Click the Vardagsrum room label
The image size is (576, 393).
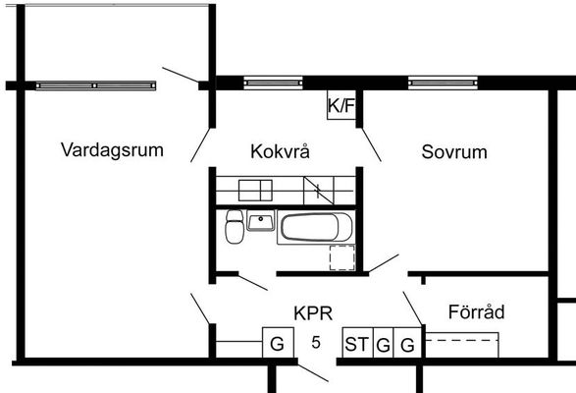tap(112, 150)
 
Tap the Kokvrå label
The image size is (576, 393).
tap(280, 151)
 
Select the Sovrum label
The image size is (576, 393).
tap(454, 151)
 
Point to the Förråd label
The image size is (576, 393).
tap(477, 311)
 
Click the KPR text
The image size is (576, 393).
tap(313, 313)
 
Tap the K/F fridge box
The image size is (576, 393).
tap(341, 105)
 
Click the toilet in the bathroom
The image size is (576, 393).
tap(235, 226)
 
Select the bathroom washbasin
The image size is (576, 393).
tap(261, 220)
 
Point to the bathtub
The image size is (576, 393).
tap(316, 227)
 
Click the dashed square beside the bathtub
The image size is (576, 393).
tap(342, 257)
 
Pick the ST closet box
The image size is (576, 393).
tap(357, 342)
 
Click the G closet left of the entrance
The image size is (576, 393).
tap(278, 342)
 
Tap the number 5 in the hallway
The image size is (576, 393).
tap(316, 343)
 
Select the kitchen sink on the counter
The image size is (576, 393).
tap(255, 191)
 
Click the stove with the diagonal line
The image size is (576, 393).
tap(319, 191)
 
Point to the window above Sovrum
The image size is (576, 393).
tap(443, 83)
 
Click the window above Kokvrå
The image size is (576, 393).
tap(274, 83)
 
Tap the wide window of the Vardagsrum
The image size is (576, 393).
tap(96, 85)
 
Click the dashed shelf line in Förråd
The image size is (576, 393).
tap(462, 340)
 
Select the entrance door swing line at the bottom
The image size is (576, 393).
tap(313, 373)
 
